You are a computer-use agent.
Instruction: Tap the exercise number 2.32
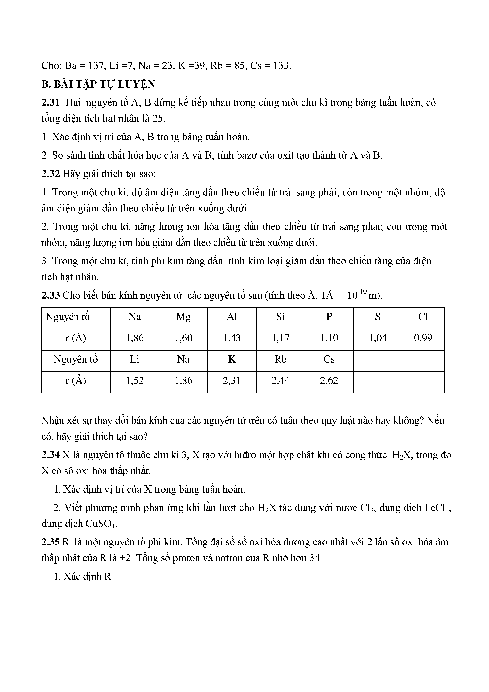point(51,174)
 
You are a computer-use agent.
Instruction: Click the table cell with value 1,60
point(183,338)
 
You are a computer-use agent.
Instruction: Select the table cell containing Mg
point(183,317)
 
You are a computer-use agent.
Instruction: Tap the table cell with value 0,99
point(423,338)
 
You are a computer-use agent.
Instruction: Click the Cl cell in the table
point(423,317)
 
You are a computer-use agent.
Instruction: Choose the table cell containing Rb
point(280,360)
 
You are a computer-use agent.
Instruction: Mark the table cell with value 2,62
point(329,381)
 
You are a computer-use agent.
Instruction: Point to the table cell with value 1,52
point(135,381)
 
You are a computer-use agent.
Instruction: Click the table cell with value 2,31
point(232,381)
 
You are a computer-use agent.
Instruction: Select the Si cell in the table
point(280,317)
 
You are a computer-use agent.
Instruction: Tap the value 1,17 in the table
point(280,338)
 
